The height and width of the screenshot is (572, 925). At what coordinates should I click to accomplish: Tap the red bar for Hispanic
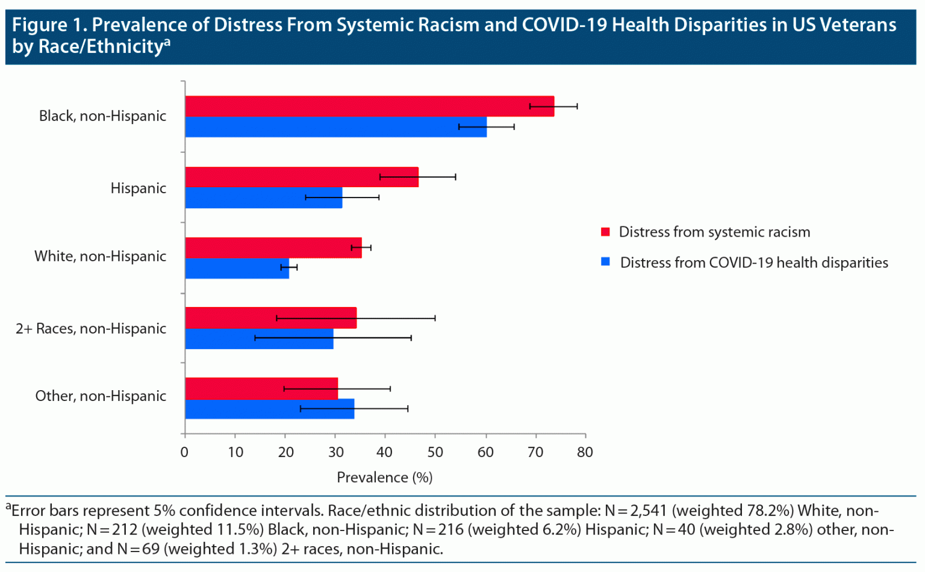point(301,177)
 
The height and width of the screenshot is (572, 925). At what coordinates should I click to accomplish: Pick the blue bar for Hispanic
point(263,198)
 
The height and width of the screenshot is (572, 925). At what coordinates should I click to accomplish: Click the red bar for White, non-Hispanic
point(273,247)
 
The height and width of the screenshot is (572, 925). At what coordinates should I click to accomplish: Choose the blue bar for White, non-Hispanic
point(237,269)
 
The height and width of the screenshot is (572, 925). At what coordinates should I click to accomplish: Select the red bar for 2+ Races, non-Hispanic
point(270,318)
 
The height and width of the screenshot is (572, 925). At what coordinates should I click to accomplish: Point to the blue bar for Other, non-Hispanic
point(269,409)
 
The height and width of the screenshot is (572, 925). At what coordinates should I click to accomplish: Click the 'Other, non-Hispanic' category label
point(101,396)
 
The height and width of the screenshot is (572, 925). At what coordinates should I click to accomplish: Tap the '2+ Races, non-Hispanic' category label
point(91,329)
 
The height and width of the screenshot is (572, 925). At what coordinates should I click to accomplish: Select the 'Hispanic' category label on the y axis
point(138,188)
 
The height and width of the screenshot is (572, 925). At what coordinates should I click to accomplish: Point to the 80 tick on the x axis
point(585,452)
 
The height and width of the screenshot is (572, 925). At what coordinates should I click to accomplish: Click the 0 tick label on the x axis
point(184,452)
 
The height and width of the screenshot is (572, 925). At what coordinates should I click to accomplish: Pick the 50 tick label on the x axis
point(435,452)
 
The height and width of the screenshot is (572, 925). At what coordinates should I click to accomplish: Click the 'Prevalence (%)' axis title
point(384,477)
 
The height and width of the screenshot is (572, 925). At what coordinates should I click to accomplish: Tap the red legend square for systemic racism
point(606,232)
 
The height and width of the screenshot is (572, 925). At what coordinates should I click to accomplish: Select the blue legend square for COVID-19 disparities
point(606,262)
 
